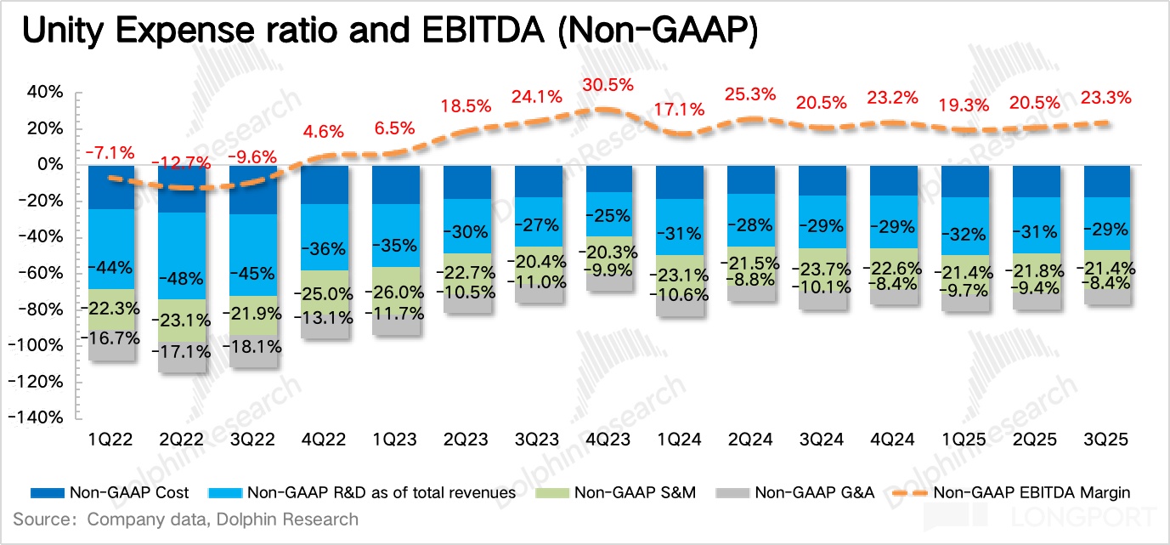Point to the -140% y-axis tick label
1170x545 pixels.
(x=38, y=417)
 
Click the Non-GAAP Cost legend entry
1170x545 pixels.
(x=110, y=492)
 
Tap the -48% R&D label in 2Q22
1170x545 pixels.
(x=181, y=278)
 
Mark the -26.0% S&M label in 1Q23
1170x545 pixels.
(x=394, y=291)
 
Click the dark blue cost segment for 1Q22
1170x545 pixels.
(x=111, y=186)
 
